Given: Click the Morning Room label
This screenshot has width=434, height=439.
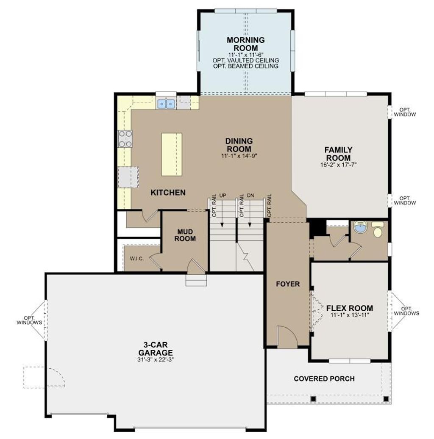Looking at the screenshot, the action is [245, 44].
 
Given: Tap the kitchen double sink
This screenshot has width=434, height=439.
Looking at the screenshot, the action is [166, 104].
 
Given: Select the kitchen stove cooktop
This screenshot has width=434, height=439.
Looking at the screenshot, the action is [125, 139].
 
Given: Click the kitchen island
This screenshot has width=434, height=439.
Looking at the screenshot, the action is [172, 154].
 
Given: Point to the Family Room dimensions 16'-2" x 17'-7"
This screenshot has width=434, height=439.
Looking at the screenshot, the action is [338, 165].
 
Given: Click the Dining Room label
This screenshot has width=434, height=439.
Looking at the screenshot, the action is [239, 145].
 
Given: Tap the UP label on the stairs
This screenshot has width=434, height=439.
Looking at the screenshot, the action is [223, 196].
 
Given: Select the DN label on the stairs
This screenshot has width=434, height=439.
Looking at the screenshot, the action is [250, 196].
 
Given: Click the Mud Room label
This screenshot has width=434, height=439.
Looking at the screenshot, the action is [185, 235].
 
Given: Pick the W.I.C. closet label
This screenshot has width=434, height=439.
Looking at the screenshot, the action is [137, 259].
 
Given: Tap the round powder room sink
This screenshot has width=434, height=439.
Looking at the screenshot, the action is [360, 226].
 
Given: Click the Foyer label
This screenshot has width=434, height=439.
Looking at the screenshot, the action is [288, 284].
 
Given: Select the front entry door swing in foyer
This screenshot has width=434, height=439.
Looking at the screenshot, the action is [287, 337].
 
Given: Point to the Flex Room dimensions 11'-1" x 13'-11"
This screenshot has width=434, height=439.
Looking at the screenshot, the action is [349, 315].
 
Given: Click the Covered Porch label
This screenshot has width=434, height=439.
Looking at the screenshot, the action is [324, 379].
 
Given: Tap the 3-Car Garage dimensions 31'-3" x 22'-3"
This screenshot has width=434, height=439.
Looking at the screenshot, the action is [156, 360].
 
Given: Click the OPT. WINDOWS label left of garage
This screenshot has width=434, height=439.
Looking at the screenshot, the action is [29, 320].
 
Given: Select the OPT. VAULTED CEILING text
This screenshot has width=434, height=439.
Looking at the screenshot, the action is [245, 61].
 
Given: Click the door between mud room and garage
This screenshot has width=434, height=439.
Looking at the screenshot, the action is [196, 266].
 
